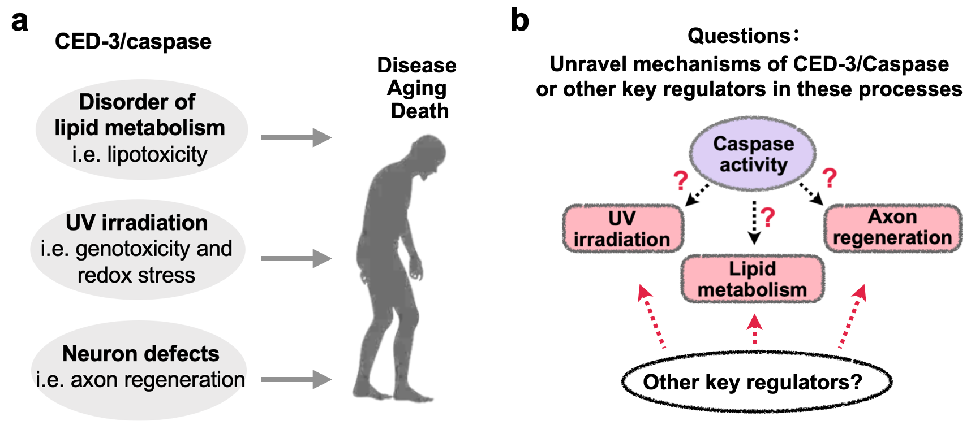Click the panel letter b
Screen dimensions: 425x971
519,20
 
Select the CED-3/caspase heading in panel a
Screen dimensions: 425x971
133,42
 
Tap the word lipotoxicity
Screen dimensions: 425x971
157,154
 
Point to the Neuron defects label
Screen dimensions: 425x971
140,354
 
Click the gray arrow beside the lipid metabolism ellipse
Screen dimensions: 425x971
296,137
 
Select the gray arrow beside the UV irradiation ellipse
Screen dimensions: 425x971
296,259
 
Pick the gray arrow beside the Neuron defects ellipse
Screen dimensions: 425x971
296,379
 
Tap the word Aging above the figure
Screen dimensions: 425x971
416,88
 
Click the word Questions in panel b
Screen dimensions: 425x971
738,36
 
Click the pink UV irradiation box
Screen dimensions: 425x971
622,228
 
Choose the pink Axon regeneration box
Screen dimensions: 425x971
892,227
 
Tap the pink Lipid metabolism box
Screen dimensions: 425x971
753,279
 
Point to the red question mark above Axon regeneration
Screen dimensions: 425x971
830,178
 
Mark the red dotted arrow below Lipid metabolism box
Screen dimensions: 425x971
754,330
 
